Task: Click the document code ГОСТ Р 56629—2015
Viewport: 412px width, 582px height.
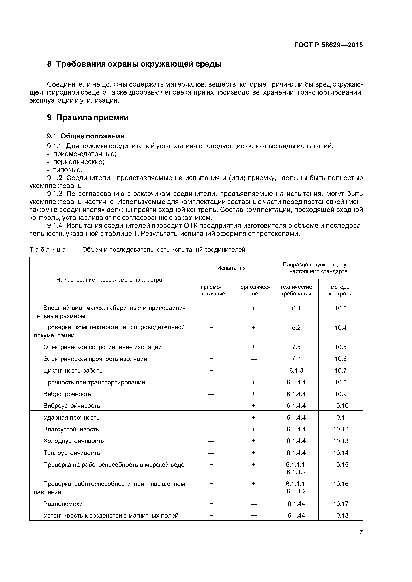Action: click(x=328, y=45)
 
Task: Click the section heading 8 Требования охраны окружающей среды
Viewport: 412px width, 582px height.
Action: click(x=134, y=64)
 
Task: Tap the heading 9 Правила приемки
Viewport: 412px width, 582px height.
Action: click(x=88, y=118)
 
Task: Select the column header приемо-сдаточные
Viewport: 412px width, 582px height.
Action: click(x=211, y=290)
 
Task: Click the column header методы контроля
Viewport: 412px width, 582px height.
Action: click(x=340, y=290)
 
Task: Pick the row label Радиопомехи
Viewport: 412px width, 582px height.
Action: click(x=63, y=504)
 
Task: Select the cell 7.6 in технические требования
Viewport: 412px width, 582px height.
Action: click(x=296, y=358)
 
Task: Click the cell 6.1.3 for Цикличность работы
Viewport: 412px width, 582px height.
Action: click(x=296, y=370)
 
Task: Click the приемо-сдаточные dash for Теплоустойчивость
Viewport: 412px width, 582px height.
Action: click(x=211, y=453)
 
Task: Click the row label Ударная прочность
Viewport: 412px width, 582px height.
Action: click(x=71, y=417)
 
